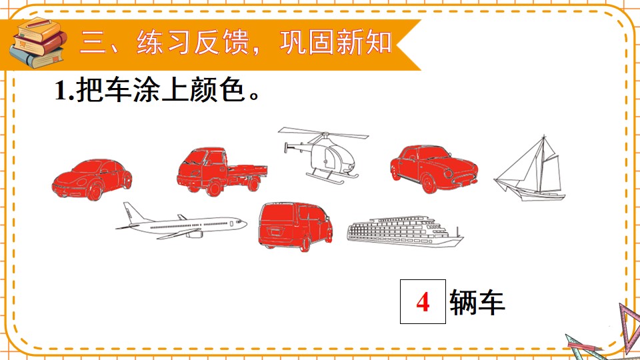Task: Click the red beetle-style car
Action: pyautogui.click(x=92, y=179)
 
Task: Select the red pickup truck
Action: pyautogui.click(x=221, y=171)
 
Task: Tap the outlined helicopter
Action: pyautogui.click(x=323, y=155)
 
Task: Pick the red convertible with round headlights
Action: pyautogui.click(x=434, y=169)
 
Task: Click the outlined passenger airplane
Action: pyautogui.click(x=181, y=221)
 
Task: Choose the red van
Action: pyautogui.click(x=295, y=226)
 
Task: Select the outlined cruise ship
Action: pyautogui.click(x=405, y=231)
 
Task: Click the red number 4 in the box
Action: pyautogui.click(x=423, y=303)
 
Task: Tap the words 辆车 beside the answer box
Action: pyautogui.click(x=477, y=303)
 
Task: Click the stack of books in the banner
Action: pyautogui.click(x=38, y=43)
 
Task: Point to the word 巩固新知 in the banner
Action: pyautogui.click(x=335, y=43)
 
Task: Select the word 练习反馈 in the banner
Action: pyautogui.click(x=193, y=43)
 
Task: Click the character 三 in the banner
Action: pyautogui.click(x=93, y=43)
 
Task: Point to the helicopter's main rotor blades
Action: pyautogui.click(x=323, y=133)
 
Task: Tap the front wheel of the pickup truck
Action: pyautogui.click(x=213, y=189)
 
